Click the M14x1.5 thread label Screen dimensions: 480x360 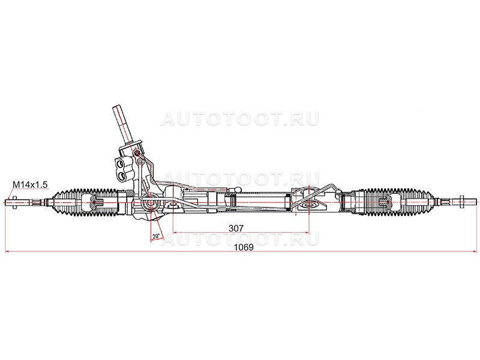(31, 185)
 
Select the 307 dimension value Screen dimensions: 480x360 (236, 228)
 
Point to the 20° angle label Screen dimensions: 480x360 (156, 236)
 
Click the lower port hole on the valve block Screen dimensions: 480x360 (122, 176)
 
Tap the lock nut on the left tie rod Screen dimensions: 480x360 (14, 202)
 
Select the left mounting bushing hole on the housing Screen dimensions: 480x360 (172, 203)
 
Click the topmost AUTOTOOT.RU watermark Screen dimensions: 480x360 (241, 118)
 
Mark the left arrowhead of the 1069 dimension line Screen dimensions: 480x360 (8, 252)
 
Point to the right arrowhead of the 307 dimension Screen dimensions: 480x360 (307, 233)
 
